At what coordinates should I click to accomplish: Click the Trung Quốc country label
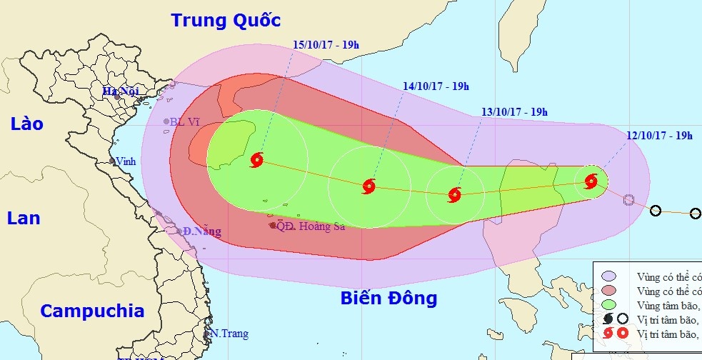click(225, 20)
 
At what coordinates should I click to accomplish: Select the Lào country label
click(27, 124)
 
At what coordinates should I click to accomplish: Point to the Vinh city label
click(126, 161)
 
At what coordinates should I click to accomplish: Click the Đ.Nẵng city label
click(201, 231)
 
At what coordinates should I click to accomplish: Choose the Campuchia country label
click(92, 311)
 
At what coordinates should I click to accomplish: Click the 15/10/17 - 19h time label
click(326, 44)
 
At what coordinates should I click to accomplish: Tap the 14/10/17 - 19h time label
click(436, 86)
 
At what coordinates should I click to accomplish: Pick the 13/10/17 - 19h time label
click(514, 112)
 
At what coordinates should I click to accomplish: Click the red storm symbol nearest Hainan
click(257, 159)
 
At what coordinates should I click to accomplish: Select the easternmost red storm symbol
click(591, 181)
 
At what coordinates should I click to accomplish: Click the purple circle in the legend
click(608, 276)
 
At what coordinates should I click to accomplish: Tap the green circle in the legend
click(608, 305)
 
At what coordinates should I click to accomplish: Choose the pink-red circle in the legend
click(608, 291)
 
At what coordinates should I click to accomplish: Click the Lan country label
click(24, 218)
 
